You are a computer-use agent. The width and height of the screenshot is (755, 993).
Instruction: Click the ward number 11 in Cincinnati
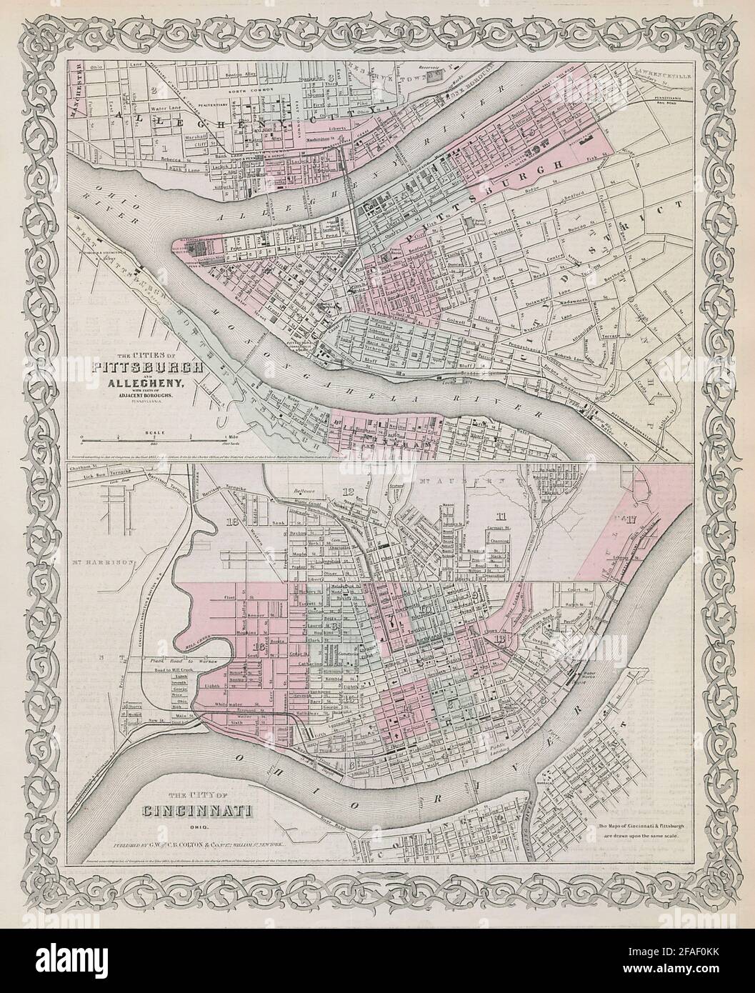click(500, 516)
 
